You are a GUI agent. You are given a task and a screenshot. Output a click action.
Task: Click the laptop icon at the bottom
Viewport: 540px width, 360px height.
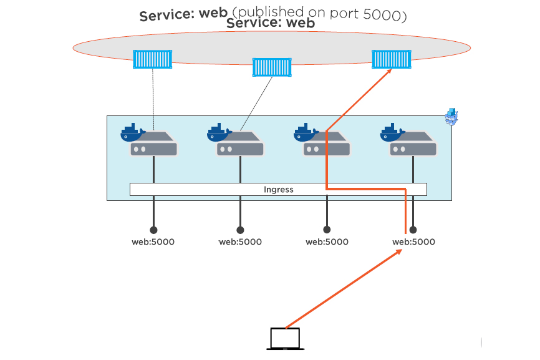(284, 339)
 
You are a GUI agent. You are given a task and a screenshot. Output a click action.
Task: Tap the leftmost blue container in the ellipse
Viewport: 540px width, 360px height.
(152, 59)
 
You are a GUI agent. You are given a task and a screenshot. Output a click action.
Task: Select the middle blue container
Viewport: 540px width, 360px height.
(272, 67)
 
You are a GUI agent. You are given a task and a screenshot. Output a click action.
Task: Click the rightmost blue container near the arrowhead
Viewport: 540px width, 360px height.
(391, 59)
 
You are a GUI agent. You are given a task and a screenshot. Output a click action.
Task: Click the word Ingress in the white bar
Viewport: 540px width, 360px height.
(278, 190)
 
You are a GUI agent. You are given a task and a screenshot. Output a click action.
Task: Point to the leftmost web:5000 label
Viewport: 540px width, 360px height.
(153, 242)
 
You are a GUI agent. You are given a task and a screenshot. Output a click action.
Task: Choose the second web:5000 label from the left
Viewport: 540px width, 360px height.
(240, 242)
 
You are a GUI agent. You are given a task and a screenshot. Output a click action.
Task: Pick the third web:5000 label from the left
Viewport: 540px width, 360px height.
(327, 242)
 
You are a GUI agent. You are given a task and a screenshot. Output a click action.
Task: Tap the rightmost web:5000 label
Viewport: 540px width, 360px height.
(413, 242)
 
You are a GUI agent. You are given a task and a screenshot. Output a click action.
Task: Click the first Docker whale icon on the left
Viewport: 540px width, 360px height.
(132, 132)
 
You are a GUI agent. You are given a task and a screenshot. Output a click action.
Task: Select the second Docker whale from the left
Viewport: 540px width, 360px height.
(218, 132)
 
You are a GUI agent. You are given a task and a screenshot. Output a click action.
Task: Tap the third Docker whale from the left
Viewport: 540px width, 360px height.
(305, 132)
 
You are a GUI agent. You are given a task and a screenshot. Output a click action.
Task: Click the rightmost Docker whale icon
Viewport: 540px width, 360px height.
(392, 132)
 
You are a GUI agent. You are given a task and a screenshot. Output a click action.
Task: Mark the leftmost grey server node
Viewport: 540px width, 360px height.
(154, 146)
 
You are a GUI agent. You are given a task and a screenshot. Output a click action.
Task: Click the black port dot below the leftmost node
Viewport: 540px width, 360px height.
(153, 230)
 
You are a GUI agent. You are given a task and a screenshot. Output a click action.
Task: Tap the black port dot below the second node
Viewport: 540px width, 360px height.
(240, 230)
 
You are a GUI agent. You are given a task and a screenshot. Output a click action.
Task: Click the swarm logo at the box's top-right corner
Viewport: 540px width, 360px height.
(451, 116)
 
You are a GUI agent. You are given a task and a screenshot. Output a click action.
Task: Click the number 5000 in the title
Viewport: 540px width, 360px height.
(380, 14)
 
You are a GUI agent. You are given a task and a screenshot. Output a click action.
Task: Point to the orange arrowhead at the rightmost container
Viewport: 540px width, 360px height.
(390, 71)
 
